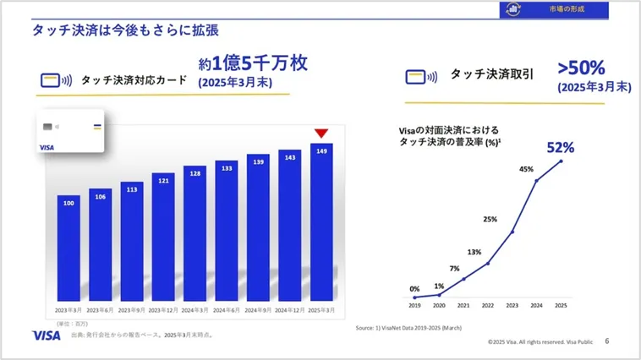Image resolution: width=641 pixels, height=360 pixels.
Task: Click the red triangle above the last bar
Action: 321,134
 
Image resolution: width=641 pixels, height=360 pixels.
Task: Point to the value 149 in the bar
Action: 321,152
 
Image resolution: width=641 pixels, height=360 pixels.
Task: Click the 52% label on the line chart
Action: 560,148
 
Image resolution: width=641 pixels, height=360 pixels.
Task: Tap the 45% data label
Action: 526,169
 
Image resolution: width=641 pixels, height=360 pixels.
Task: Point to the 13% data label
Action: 474,252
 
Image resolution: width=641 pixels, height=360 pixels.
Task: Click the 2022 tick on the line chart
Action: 488,305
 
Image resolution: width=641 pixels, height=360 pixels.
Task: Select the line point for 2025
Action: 560,161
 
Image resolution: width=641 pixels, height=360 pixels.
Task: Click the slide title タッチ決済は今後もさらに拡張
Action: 126,30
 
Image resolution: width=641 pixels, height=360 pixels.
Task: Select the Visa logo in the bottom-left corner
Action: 46,335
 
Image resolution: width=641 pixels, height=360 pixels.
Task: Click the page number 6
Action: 606,341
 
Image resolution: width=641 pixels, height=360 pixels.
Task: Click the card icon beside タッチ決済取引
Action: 420,77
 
